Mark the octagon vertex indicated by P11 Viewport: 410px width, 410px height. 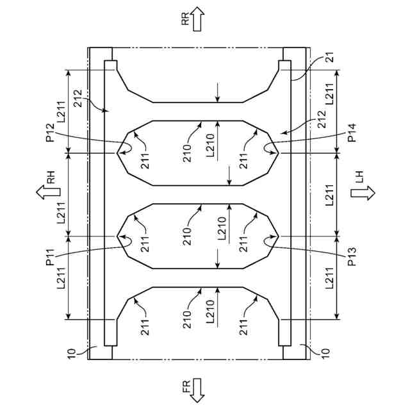[x=117, y=236]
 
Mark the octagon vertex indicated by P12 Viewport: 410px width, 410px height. [x=117, y=153]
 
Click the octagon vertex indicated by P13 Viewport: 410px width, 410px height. [x=278, y=236]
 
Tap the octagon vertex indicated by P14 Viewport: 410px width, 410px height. [x=278, y=153]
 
